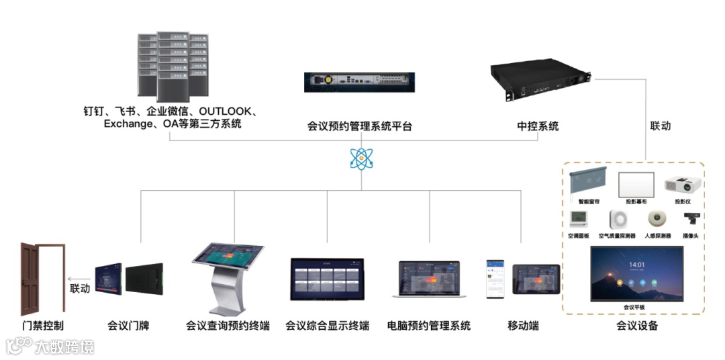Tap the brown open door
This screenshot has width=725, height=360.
coord(42,278)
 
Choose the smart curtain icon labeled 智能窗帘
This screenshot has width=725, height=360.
coord(588,181)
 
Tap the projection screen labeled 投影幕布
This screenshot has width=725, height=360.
coord(636,184)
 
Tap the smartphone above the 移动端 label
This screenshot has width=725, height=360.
coord(495,278)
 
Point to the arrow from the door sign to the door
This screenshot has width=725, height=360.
coord(80,279)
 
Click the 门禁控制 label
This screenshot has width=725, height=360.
coord(42,326)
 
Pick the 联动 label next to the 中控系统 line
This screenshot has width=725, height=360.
coord(660,126)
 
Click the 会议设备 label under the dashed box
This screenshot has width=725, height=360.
coord(636,326)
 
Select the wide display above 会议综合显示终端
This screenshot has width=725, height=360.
coord(327,279)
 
